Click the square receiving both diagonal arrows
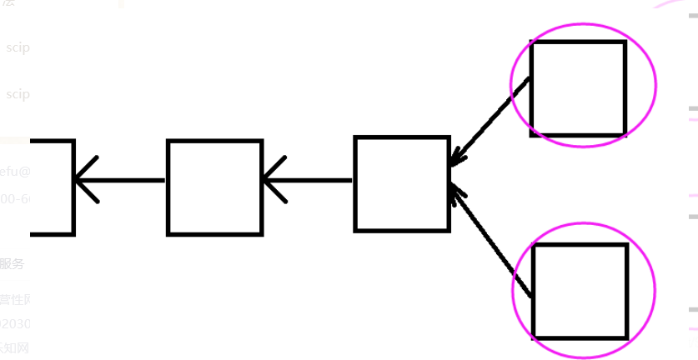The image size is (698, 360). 402,183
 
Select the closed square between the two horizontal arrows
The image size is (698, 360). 214,187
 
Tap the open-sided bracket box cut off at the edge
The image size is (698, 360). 54,187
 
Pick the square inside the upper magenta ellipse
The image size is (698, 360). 578,87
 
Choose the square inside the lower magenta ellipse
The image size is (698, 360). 580,291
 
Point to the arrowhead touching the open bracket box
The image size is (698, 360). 83,180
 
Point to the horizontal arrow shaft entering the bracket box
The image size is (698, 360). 125,180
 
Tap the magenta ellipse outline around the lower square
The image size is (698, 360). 655,290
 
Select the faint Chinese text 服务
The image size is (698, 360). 12,264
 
